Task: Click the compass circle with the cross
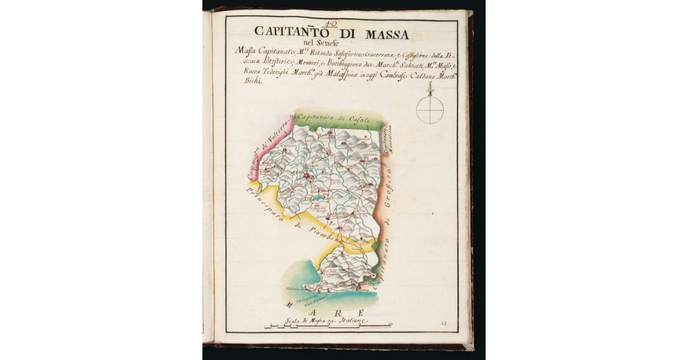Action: pos(430,109)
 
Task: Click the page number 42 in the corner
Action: pos(444,323)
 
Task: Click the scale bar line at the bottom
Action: pos(327,327)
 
